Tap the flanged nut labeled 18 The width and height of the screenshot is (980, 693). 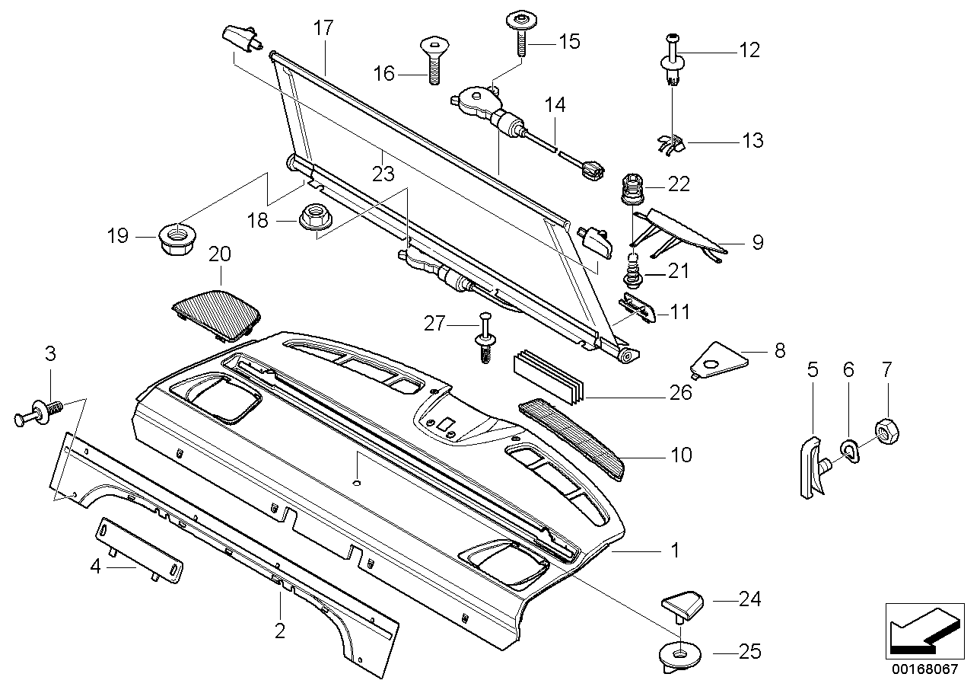point(313,217)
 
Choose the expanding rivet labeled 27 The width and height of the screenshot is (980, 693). point(485,340)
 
